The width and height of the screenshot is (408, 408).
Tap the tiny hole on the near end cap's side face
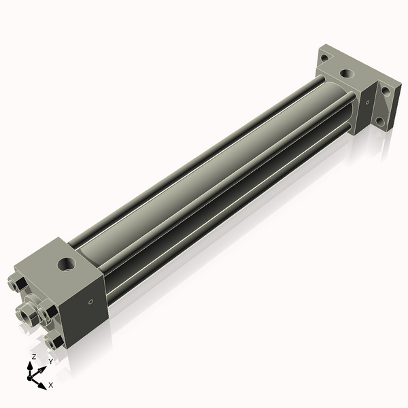90,301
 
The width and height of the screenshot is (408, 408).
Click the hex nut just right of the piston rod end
48,312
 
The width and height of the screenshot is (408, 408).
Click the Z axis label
34,357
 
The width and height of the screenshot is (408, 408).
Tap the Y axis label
50,362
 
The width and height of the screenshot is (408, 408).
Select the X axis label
51,385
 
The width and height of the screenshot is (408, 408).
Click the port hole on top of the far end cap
346,73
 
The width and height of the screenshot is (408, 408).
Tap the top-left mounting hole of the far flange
325,58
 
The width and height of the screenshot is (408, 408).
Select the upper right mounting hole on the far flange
386,90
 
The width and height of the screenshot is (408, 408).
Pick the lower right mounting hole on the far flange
379,122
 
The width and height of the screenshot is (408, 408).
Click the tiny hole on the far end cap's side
367,103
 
